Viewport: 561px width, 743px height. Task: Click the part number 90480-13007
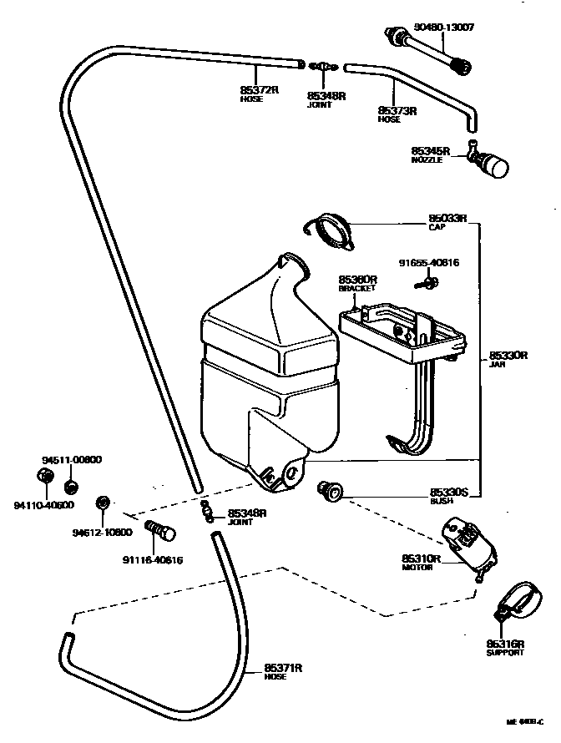(442, 28)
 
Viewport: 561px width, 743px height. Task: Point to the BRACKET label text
(356, 288)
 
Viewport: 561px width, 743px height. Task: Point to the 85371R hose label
(283, 669)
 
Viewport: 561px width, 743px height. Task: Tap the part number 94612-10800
(102, 532)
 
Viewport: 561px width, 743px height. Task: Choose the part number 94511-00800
(72, 459)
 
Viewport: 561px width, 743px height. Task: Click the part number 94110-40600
(43, 504)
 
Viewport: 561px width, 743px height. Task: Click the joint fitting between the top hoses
(321, 65)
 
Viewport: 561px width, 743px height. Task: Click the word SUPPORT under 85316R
(505, 652)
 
